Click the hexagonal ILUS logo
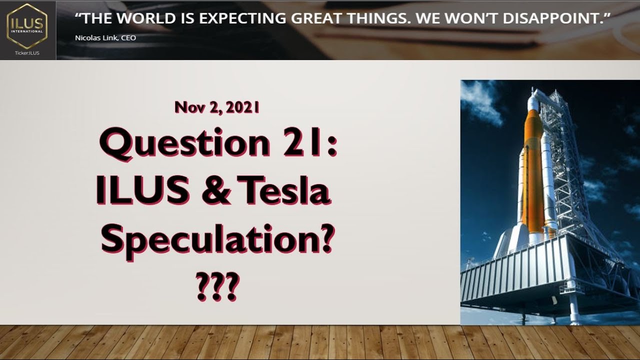tap(27, 25)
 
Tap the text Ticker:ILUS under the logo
tap(27, 52)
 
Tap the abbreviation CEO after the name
tap(128, 38)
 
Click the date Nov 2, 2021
tap(217, 107)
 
